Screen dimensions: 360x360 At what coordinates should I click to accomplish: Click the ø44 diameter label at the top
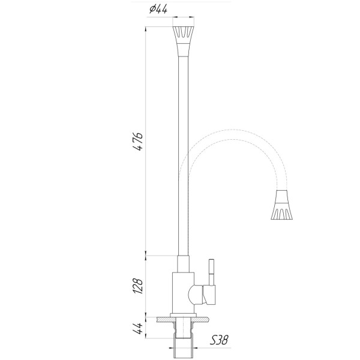157,9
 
